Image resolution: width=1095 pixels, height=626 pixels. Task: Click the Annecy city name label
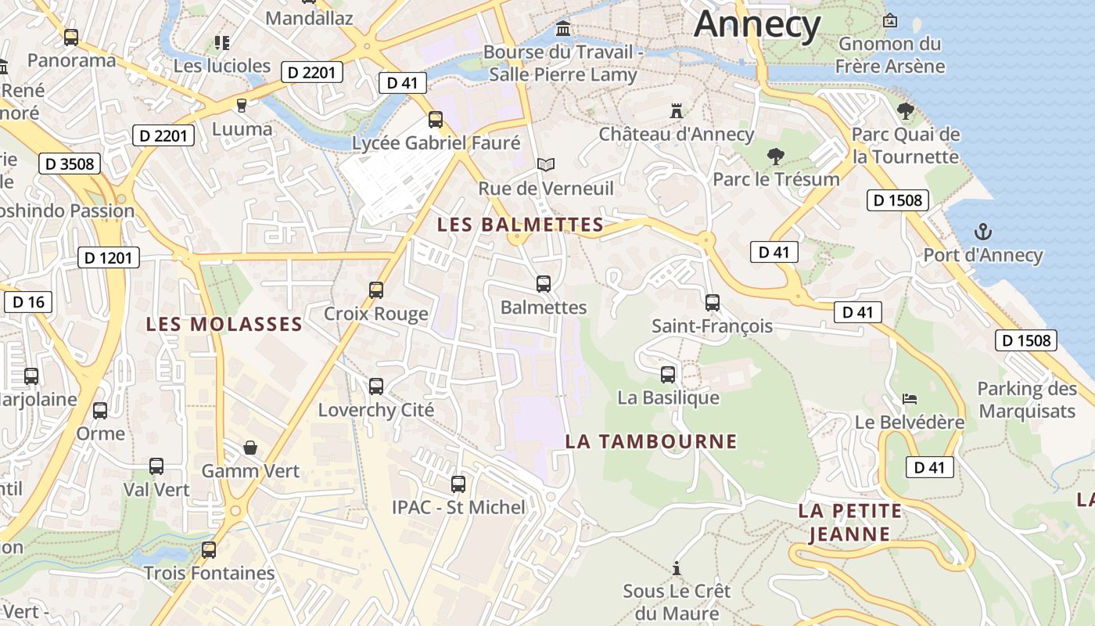coord(756,25)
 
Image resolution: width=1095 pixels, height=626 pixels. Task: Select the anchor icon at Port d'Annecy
coord(982,232)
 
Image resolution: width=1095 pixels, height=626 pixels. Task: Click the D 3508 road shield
coord(70,164)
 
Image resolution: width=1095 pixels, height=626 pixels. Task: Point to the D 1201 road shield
coord(109,257)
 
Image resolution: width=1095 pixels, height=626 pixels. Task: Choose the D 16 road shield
coord(28,302)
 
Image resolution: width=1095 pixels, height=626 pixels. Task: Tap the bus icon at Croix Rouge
coord(376,290)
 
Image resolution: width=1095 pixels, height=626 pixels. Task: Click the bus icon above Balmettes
coord(544,284)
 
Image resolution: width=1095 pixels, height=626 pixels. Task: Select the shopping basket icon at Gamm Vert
coord(250,448)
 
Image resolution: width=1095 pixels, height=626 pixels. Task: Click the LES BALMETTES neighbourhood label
coord(520,225)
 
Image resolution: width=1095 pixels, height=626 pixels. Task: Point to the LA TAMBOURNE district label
coord(651,441)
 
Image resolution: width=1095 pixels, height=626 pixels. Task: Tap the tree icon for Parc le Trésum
coord(775,156)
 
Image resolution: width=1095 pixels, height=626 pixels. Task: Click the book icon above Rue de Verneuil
coord(546,165)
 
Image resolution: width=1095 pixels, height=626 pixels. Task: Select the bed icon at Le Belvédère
coord(909,399)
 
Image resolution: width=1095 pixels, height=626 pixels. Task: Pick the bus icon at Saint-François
coord(712,303)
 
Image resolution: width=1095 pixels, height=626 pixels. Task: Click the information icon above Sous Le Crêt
coord(677,567)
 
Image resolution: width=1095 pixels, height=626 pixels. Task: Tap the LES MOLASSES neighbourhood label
coord(224,324)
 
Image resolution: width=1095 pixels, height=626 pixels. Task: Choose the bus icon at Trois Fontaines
coord(208,549)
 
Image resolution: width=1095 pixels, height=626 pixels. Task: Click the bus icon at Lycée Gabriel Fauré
coord(436,120)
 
